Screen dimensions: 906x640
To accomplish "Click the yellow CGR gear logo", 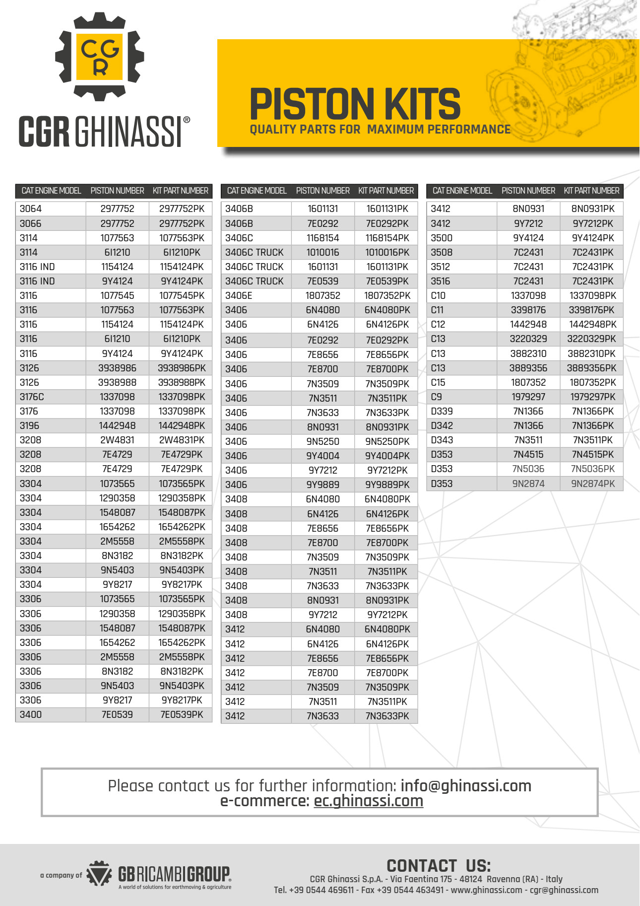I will [x=99, y=56].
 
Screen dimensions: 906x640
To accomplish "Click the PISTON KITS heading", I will [x=355, y=104].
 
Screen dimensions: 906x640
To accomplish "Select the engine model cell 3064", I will [x=31, y=209].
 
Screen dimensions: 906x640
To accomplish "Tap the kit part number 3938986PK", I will [x=182, y=368].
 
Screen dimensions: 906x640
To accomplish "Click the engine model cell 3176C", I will [x=32, y=397].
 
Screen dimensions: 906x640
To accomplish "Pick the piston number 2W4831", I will [x=118, y=440].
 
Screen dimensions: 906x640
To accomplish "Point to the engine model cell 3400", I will [x=31, y=714].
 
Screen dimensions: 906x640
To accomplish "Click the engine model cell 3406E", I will [x=239, y=295].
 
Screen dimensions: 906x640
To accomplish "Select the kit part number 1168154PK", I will [x=387, y=238].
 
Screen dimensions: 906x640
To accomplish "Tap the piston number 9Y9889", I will [x=323, y=485].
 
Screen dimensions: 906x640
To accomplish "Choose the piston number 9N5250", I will [x=323, y=441].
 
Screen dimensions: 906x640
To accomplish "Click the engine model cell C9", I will [x=437, y=397].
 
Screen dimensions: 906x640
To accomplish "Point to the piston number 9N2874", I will [x=528, y=484].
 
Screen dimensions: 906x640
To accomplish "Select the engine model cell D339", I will [x=442, y=411].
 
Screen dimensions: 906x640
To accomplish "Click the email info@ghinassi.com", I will [x=466, y=786].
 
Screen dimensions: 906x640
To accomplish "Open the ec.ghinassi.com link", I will [x=368, y=801].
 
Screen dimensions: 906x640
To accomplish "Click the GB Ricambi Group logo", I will [x=159, y=875].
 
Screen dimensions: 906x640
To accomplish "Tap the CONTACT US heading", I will [x=439, y=866].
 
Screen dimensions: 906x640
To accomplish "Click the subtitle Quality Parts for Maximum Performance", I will [x=380, y=130].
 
